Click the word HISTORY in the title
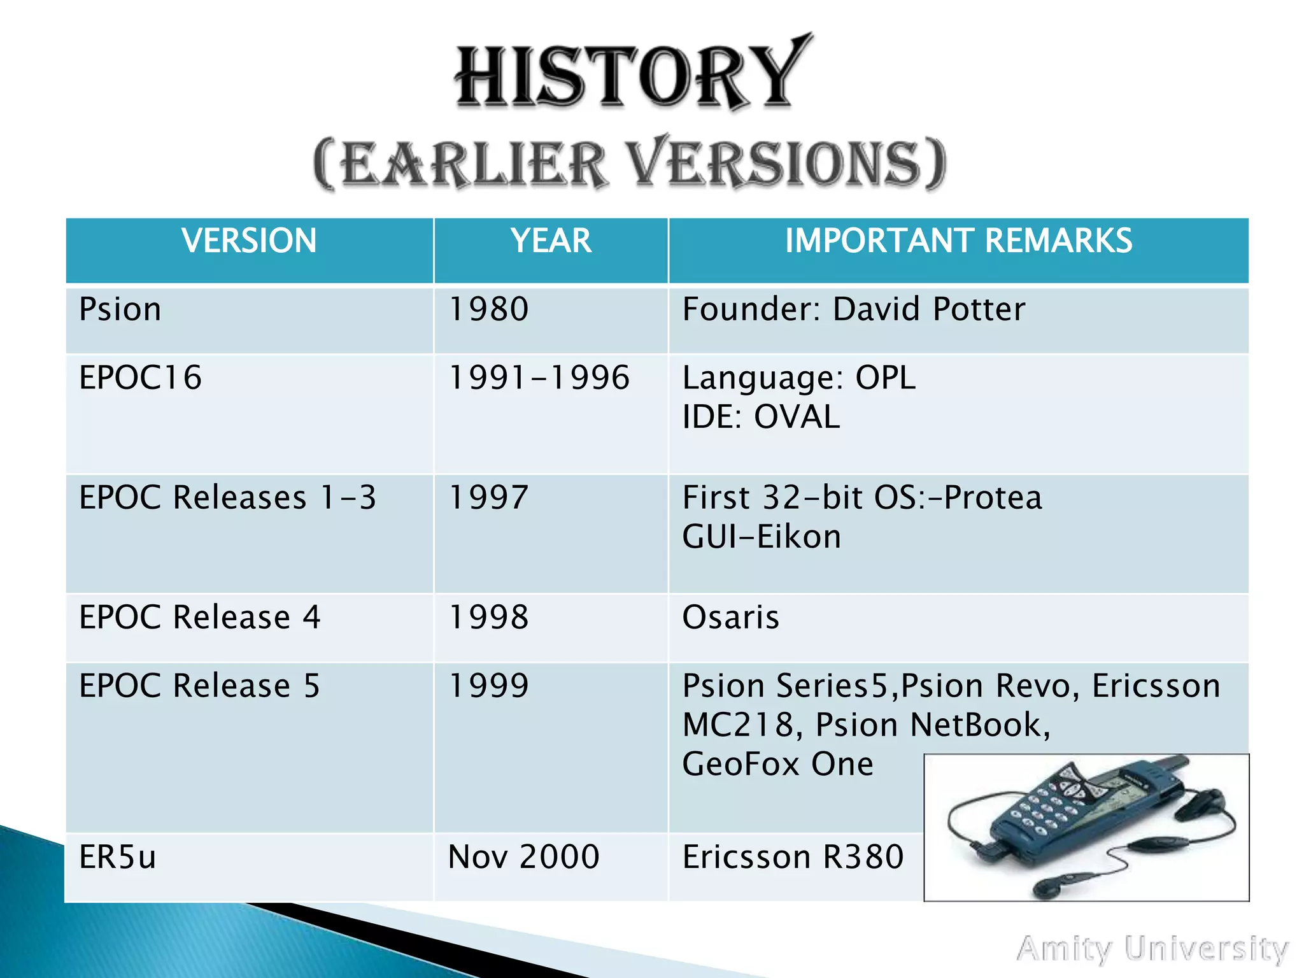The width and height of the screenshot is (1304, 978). [633, 76]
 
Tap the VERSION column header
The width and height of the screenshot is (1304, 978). [249, 241]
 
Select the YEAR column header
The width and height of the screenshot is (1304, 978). [551, 241]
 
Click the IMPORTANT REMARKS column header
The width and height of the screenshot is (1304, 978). [958, 241]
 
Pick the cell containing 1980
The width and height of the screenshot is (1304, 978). [489, 309]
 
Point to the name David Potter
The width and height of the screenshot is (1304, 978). [929, 309]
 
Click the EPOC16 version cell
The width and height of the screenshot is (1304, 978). [141, 378]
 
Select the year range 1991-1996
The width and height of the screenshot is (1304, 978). [539, 378]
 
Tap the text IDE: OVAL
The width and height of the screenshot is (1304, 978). [761, 418]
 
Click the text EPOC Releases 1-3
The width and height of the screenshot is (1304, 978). [227, 497]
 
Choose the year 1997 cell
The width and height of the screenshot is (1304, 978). [489, 497]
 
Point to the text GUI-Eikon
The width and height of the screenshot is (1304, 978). [762, 537]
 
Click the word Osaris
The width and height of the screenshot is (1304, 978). [730, 617]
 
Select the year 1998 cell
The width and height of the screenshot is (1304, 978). [489, 617]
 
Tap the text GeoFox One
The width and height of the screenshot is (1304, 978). [777, 764]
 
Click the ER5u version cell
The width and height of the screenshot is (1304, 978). [118, 857]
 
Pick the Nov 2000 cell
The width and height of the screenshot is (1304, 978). [523, 857]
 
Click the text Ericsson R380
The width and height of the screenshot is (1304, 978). [793, 857]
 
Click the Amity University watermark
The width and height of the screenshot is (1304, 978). [1152, 949]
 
